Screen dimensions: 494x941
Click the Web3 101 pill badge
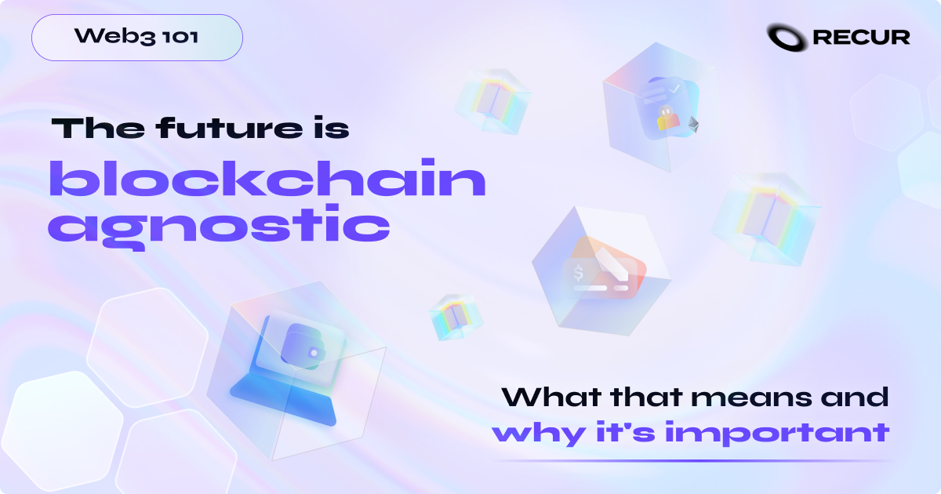point(137,37)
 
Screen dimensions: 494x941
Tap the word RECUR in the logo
point(861,37)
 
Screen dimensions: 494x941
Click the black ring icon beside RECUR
point(787,36)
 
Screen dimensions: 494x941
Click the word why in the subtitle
point(521,434)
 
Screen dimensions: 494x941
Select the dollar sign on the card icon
point(579,274)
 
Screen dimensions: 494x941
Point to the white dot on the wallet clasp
point(314,354)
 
